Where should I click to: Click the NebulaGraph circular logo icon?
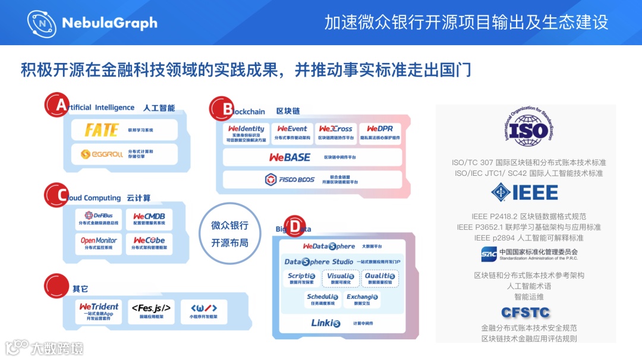(42, 23)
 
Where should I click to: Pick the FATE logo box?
(124, 130)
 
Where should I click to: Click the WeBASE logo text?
(289, 157)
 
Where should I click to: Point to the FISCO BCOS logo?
(289, 179)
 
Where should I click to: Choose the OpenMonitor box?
(99, 243)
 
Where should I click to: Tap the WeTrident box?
(99, 311)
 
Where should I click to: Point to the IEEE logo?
(524, 192)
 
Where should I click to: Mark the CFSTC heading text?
(525, 312)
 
